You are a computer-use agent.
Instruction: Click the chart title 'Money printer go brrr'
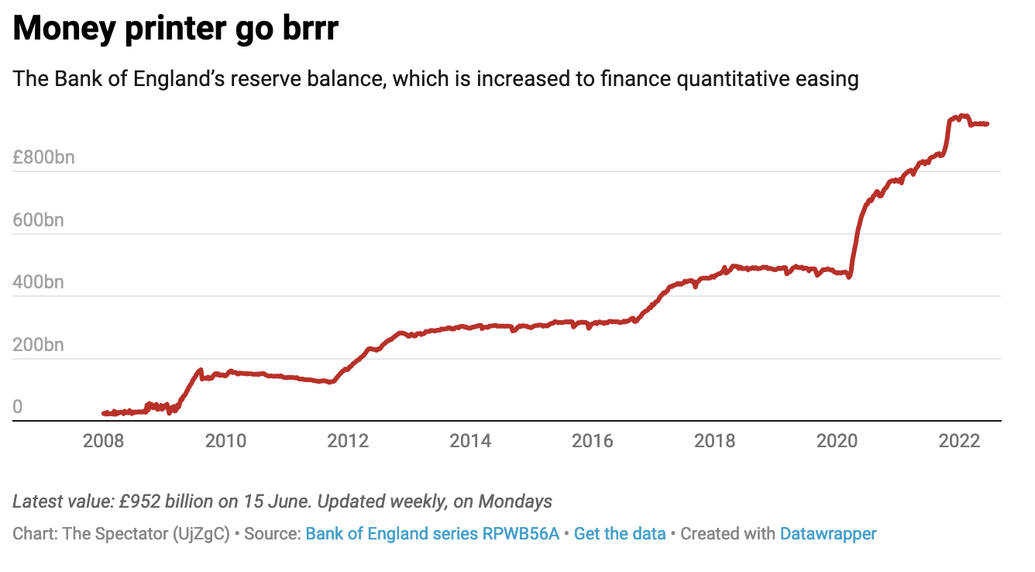click(175, 29)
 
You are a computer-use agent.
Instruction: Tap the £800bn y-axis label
click(43, 158)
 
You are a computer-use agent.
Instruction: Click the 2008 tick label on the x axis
click(103, 441)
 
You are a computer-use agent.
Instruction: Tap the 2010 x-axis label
click(225, 441)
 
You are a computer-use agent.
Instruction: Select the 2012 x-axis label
click(348, 441)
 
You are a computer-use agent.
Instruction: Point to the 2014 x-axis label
click(470, 441)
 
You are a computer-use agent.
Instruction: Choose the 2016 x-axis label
click(593, 441)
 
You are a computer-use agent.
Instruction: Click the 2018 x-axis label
click(715, 441)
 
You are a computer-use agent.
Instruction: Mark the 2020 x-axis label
click(837, 441)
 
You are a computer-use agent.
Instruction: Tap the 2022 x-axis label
click(960, 441)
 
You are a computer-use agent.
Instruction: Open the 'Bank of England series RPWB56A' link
click(432, 534)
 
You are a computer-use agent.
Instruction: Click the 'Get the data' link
click(620, 534)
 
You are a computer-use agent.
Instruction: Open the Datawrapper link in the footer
click(828, 534)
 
